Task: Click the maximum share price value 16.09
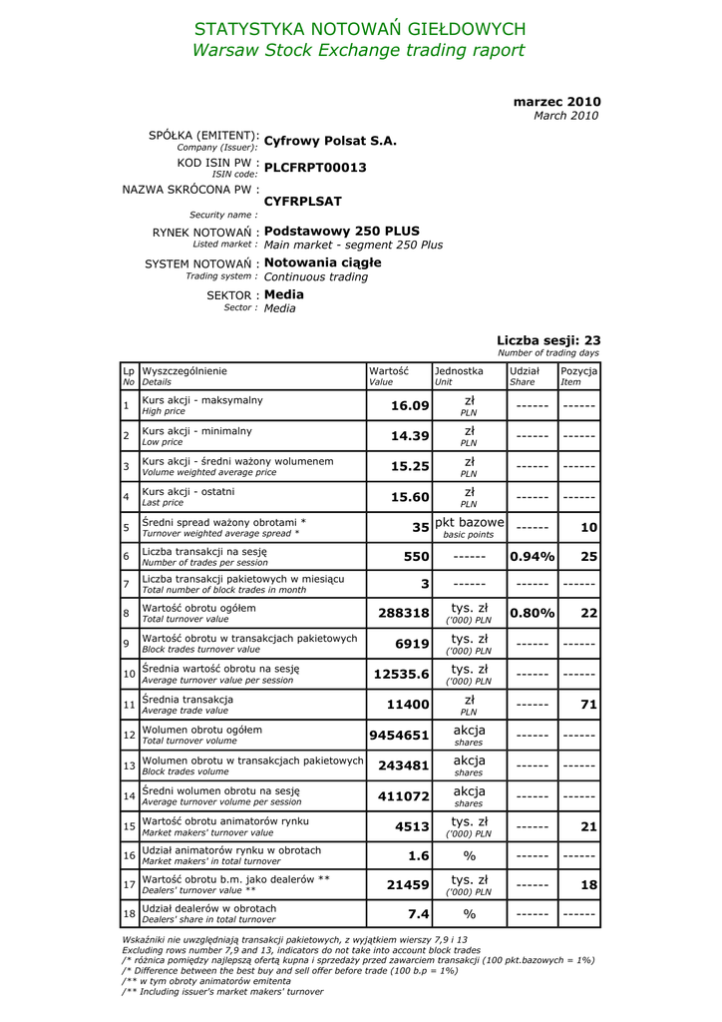coord(410,406)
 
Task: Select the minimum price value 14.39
coord(410,436)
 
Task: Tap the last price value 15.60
coord(410,497)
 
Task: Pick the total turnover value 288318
coord(404,613)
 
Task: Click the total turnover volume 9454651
coord(399,736)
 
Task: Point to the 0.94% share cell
coord(533,556)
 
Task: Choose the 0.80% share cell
coord(533,613)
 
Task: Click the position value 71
coord(588,705)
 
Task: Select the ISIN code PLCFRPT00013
coord(315,168)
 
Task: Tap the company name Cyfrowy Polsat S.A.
coord(330,141)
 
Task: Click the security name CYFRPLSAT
coord(303,202)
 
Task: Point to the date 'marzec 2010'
coord(556,102)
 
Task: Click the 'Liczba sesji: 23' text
coord(548,340)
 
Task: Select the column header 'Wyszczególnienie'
coord(184,371)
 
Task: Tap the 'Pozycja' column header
coord(578,371)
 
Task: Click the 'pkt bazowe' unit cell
coord(470,523)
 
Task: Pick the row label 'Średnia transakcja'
coord(187,700)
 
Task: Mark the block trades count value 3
coord(425,583)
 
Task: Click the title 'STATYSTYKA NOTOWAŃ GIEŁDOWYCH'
coord(360,29)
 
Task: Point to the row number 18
coord(129,914)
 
